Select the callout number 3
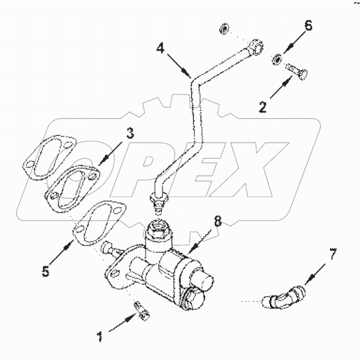129,133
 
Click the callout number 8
217,220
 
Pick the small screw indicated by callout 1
139,309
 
